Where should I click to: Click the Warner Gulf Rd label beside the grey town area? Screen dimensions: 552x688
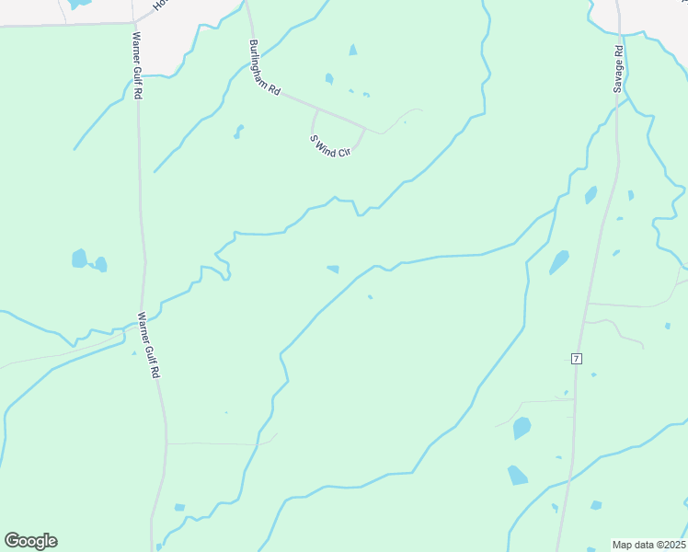136,66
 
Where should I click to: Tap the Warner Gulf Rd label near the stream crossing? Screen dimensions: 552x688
150,346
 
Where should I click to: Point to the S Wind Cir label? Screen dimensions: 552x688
330,146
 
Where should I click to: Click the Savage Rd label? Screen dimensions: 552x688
619,69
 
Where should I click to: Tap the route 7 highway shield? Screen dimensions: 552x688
576,358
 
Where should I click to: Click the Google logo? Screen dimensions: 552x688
30,540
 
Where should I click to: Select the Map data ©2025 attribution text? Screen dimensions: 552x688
648,545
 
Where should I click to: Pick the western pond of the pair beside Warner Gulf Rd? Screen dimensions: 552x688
79,258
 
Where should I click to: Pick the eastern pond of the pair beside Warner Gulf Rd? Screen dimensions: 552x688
99,265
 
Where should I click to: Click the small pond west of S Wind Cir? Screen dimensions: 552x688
239,132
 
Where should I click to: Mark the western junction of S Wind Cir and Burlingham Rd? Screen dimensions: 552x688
316,109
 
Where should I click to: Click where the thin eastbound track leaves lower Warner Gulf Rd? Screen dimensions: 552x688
166,443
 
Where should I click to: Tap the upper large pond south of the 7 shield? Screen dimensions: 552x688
522,428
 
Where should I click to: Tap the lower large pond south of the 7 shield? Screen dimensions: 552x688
517,475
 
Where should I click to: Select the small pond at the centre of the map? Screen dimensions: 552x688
333,269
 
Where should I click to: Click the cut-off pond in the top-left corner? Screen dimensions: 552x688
78,4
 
